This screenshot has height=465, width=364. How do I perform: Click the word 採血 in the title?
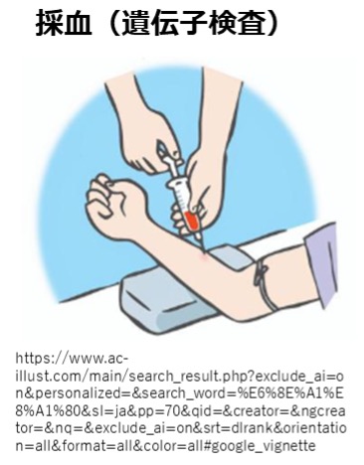64,22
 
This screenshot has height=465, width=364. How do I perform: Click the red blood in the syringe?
192,222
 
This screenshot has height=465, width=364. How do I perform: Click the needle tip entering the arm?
203,251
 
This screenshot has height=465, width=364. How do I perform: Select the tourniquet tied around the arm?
265,284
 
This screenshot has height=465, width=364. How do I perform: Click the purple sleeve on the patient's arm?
321,261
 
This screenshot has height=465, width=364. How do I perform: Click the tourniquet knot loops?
261,271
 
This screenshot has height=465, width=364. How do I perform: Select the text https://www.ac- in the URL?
72,359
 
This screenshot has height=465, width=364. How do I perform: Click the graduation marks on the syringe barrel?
182,198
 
